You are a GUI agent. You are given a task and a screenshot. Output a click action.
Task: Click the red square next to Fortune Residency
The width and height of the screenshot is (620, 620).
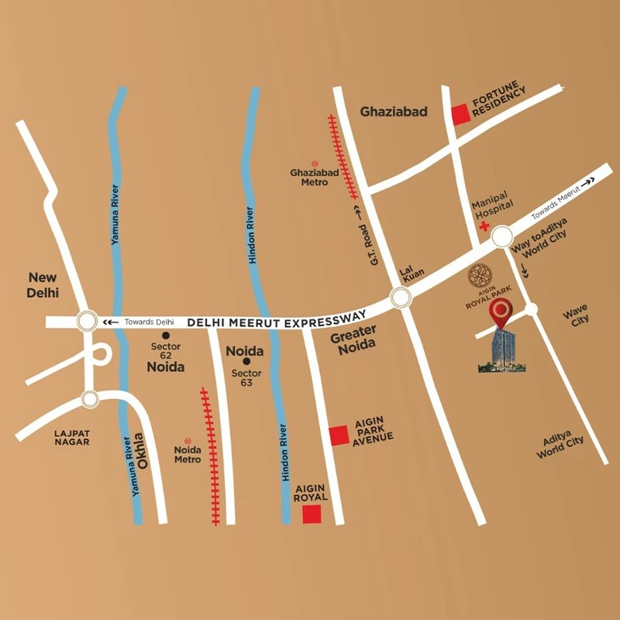click(x=461, y=114)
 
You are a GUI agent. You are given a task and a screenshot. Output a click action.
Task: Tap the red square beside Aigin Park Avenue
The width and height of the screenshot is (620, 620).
click(x=339, y=436)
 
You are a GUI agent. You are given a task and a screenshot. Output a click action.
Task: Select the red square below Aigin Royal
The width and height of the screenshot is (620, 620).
click(x=312, y=514)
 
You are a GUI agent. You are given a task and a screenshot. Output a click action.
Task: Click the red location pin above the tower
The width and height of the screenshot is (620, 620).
click(x=500, y=312)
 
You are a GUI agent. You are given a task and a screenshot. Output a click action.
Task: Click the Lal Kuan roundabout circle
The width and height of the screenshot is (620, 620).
click(x=400, y=297)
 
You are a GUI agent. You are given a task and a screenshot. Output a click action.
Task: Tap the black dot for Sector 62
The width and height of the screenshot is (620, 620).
click(x=166, y=335)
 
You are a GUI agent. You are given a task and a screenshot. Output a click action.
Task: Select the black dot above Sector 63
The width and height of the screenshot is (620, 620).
click(x=246, y=361)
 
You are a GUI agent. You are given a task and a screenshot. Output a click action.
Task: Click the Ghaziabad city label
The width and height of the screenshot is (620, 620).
click(x=394, y=112)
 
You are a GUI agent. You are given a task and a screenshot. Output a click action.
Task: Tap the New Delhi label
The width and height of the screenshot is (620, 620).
click(x=43, y=284)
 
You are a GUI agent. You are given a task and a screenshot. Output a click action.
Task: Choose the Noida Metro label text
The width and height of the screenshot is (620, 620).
click(x=188, y=454)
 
